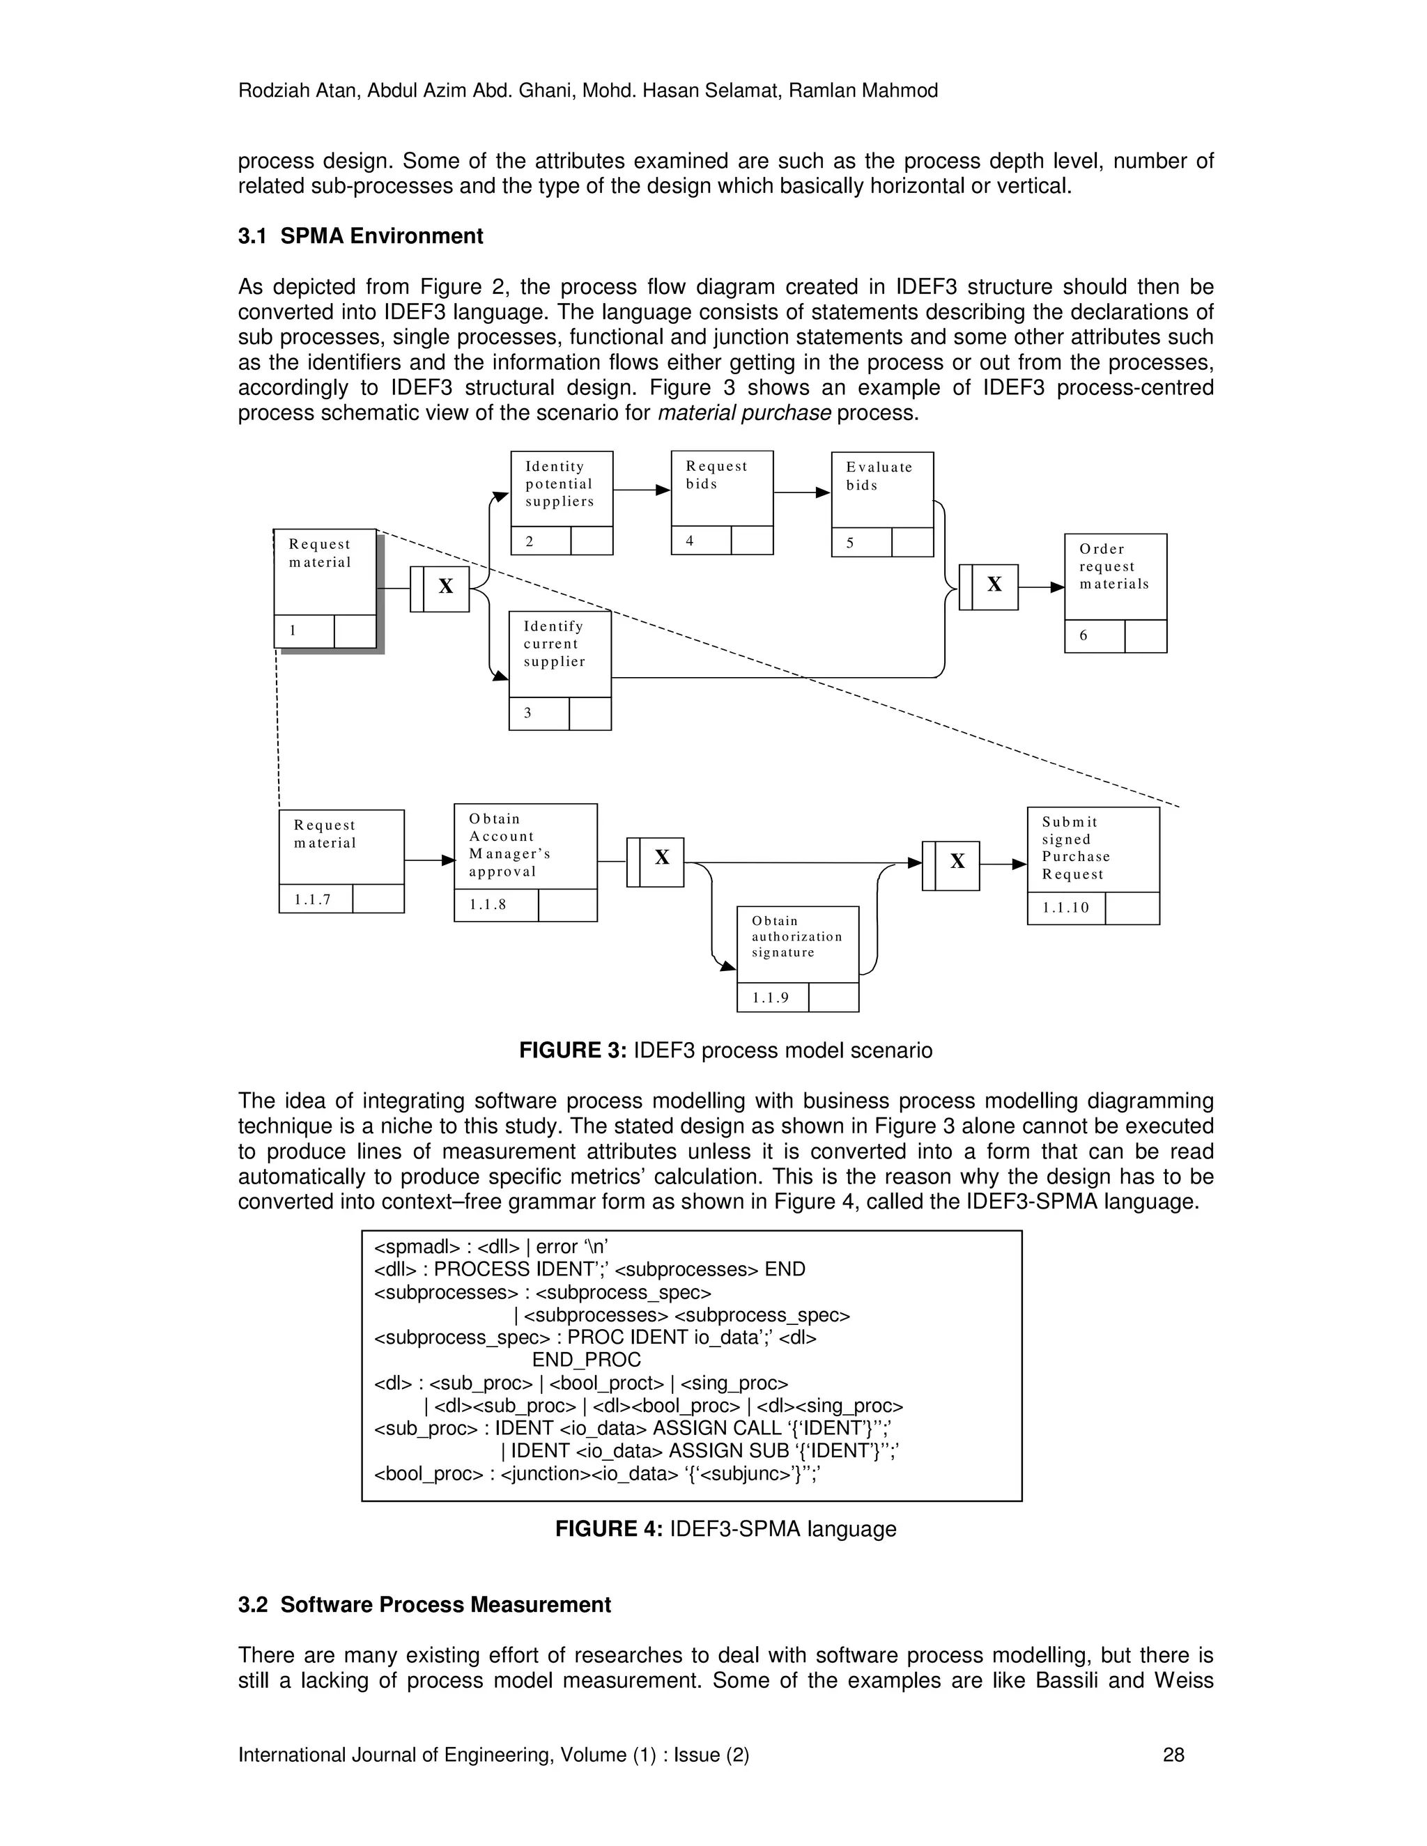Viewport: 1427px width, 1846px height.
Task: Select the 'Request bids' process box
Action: (722, 488)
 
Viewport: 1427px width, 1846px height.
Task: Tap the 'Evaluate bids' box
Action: (881, 490)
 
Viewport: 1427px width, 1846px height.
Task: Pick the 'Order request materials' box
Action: (1115, 577)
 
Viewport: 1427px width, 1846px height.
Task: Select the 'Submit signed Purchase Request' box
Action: (1093, 849)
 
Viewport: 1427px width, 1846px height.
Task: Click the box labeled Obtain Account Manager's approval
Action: (525, 846)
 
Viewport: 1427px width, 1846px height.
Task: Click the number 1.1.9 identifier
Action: (771, 998)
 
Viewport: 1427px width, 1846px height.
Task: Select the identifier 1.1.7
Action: (313, 899)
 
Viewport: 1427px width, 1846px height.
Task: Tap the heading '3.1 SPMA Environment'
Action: (360, 237)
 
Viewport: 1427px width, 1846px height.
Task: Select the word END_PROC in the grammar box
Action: (586, 1360)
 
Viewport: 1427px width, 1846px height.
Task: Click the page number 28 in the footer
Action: (1173, 1755)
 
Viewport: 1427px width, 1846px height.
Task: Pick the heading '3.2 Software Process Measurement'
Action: (424, 1605)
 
